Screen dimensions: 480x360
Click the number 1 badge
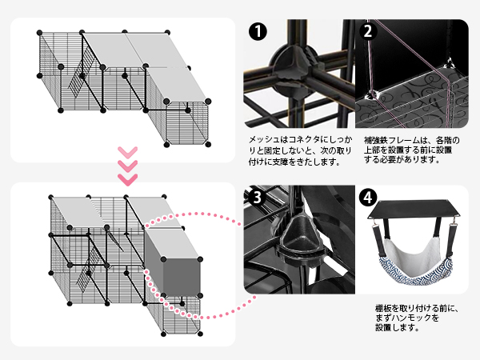(x=257, y=33)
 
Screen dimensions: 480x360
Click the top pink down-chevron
(x=126, y=151)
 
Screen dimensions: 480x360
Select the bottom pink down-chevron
(x=126, y=174)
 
